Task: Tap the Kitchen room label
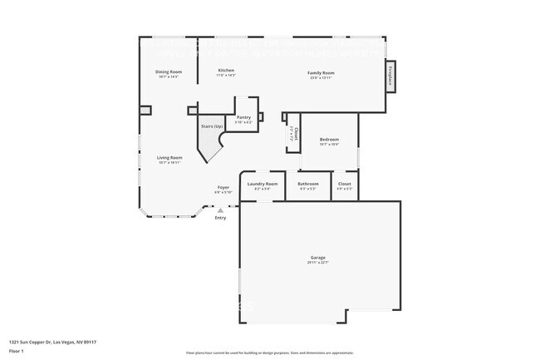(x=226, y=71)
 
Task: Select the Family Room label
(x=321, y=73)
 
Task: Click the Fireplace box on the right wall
(x=390, y=76)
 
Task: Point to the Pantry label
(x=243, y=117)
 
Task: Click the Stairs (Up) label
(x=211, y=126)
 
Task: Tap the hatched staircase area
(x=209, y=143)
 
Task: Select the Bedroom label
(x=329, y=140)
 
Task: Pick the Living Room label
(x=169, y=158)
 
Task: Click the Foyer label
(x=223, y=188)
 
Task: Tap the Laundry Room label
(x=263, y=184)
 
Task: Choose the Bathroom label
(x=308, y=184)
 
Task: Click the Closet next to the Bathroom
(x=344, y=184)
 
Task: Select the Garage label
(x=319, y=259)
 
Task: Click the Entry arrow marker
(x=219, y=210)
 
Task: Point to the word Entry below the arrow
(x=219, y=218)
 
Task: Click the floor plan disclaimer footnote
(x=270, y=353)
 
